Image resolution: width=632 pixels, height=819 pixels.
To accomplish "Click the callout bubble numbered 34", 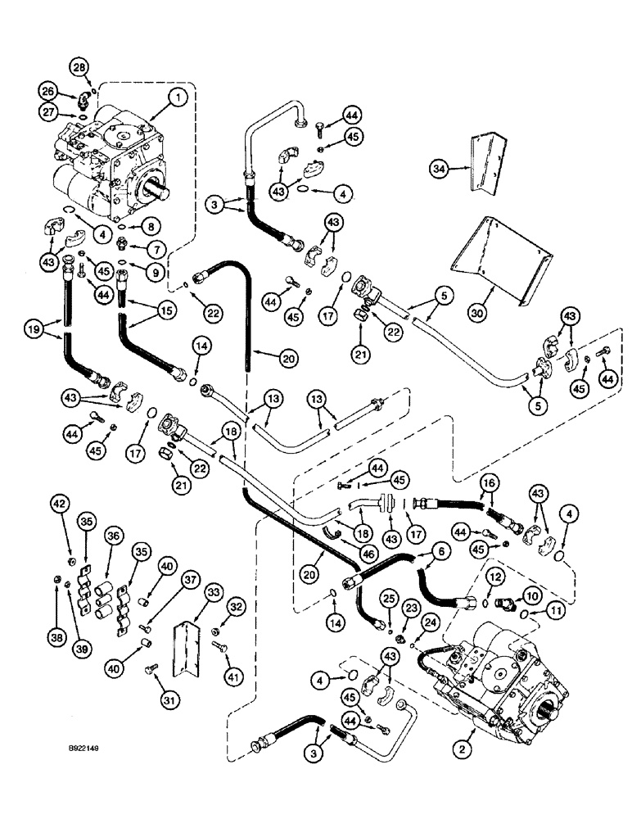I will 440,170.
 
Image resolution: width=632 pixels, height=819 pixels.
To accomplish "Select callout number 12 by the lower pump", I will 495,579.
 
